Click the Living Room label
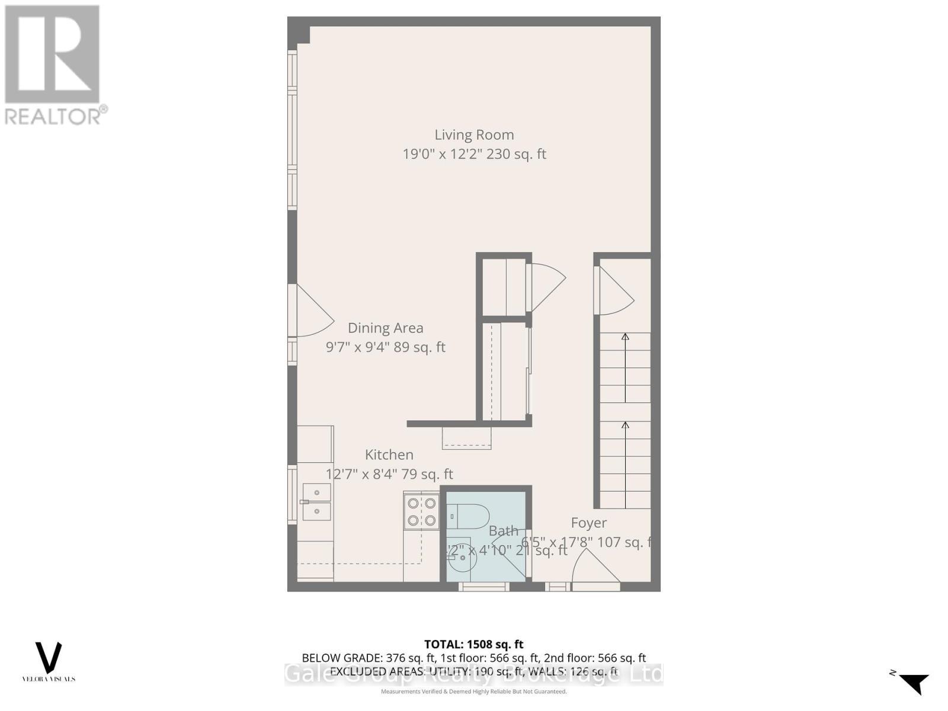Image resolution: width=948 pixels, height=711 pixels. click(x=474, y=135)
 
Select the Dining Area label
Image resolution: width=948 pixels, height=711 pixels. click(x=385, y=328)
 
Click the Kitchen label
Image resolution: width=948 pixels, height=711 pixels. click(x=389, y=454)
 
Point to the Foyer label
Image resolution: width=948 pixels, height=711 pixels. click(x=588, y=523)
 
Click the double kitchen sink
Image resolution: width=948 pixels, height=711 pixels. click(x=316, y=502)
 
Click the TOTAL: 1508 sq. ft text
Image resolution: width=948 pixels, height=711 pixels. click(x=473, y=644)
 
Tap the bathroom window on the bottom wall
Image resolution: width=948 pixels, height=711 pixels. click(x=484, y=587)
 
